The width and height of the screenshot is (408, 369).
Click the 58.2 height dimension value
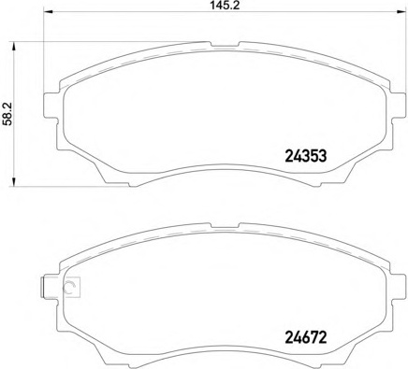tap(7, 115)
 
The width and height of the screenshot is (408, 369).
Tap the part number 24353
tap(306, 156)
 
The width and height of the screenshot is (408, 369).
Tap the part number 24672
tap(306, 337)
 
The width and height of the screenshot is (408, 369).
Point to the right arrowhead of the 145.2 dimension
tap(401, 12)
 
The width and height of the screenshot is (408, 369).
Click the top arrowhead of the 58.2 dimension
tap(13, 48)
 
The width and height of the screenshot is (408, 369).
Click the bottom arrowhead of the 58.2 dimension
tap(13, 181)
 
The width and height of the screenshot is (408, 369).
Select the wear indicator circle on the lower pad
tap(69, 287)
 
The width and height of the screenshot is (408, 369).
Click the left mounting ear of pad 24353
tap(51, 106)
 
